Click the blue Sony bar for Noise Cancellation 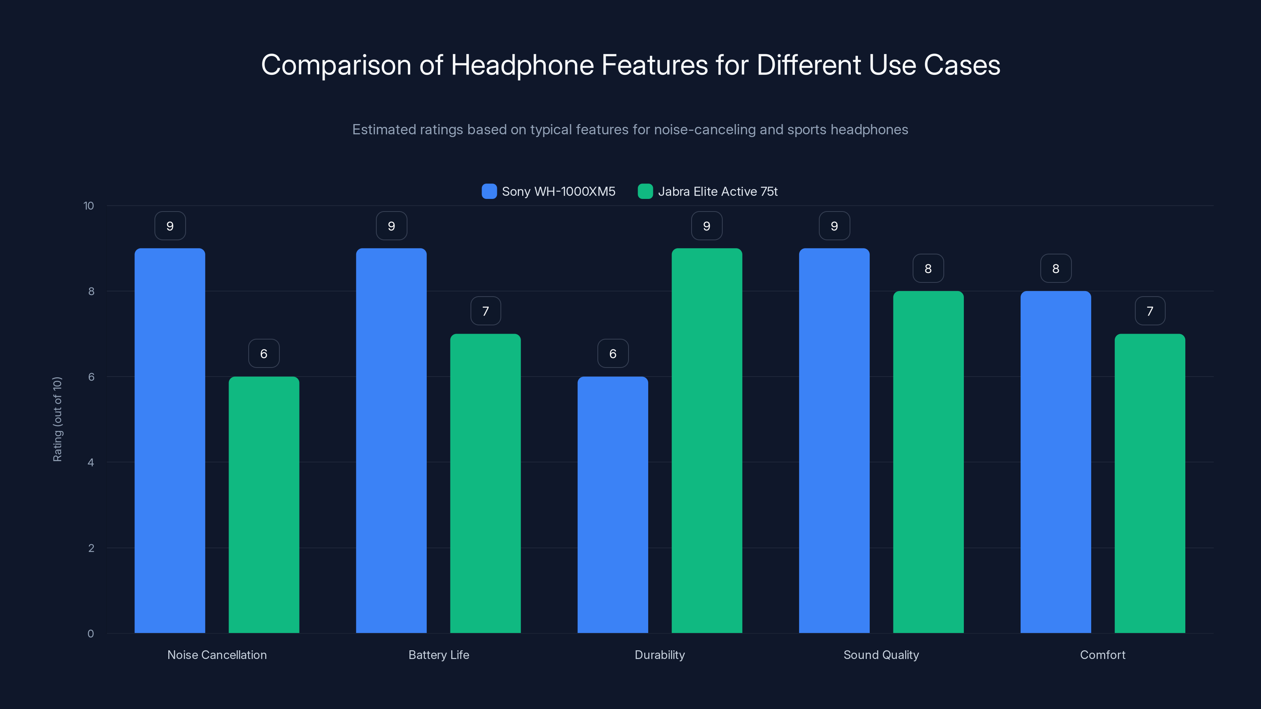[170, 440]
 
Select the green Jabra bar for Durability [707, 440]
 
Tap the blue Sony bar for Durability [612, 504]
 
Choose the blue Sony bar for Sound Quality [834, 440]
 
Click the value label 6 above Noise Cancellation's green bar [264, 353]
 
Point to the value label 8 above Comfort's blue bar [1055, 268]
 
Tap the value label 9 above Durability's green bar [707, 226]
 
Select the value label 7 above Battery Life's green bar [485, 311]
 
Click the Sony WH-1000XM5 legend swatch [489, 191]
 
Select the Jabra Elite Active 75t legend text [717, 191]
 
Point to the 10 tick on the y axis [89, 206]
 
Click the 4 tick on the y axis [91, 462]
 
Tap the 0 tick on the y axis [91, 634]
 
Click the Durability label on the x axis [659, 655]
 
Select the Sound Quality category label [881, 655]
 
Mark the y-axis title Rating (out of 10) [57, 419]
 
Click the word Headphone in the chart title [522, 65]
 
